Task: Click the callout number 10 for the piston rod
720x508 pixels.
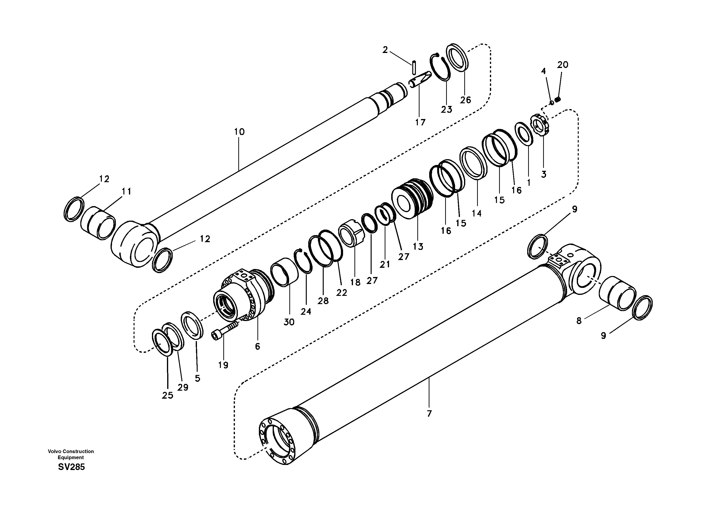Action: point(239,132)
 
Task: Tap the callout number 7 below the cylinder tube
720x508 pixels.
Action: point(429,414)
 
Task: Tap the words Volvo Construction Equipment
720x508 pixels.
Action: point(71,454)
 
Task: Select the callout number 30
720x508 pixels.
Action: point(289,322)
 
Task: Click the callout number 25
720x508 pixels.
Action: point(167,396)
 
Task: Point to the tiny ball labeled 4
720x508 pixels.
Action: point(552,102)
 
